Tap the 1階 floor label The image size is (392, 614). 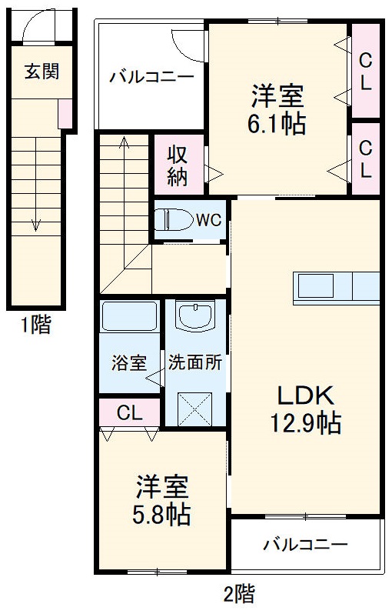pyautogui.click(x=35, y=326)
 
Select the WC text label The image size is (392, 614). pyautogui.click(x=208, y=220)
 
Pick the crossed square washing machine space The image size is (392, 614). pyautogui.click(x=195, y=408)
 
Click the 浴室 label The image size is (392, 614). pyautogui.click(x=128, y=363)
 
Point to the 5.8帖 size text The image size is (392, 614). pyautogui.click(x=163, y=514)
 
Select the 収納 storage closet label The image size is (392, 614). pyautogui.click(x=178, y=165)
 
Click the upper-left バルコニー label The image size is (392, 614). pyautogui.click(x=151, y=78)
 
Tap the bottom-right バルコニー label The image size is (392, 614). pyautogui.click(x=305, y=546)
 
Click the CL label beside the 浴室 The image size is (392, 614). pyautogui.click(x=129, y=412)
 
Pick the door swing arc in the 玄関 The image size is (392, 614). pyautogui.click(x=35, y=29)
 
